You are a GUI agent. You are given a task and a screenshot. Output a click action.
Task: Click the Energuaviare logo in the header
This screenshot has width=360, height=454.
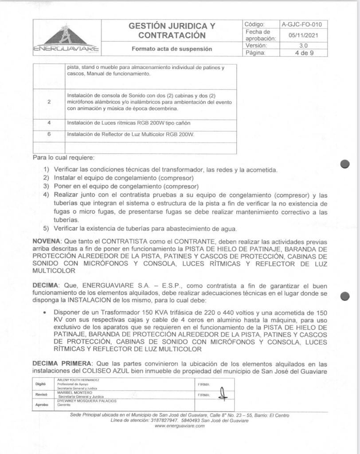67,38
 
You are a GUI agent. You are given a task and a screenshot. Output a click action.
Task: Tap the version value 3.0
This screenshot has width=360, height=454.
304,46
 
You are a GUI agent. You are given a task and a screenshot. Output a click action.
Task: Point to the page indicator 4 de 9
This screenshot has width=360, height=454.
304,53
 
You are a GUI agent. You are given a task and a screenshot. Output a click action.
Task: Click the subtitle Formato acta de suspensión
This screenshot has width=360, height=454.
172,49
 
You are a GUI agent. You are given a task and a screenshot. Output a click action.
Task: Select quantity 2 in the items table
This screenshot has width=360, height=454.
49,102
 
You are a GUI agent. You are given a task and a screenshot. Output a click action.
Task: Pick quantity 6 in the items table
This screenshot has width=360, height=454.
49,133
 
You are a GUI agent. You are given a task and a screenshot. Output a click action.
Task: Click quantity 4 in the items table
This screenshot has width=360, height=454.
49,122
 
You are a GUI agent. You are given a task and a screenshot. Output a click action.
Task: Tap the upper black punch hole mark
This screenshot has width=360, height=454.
345,164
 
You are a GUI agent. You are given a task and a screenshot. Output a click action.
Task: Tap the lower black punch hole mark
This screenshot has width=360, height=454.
345,296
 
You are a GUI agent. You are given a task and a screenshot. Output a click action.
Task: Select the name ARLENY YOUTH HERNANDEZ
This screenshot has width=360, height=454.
78,380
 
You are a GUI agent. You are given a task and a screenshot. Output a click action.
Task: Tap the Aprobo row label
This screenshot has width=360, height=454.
41,405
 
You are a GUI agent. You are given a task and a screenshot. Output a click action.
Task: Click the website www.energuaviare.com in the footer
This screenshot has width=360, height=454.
180,426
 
